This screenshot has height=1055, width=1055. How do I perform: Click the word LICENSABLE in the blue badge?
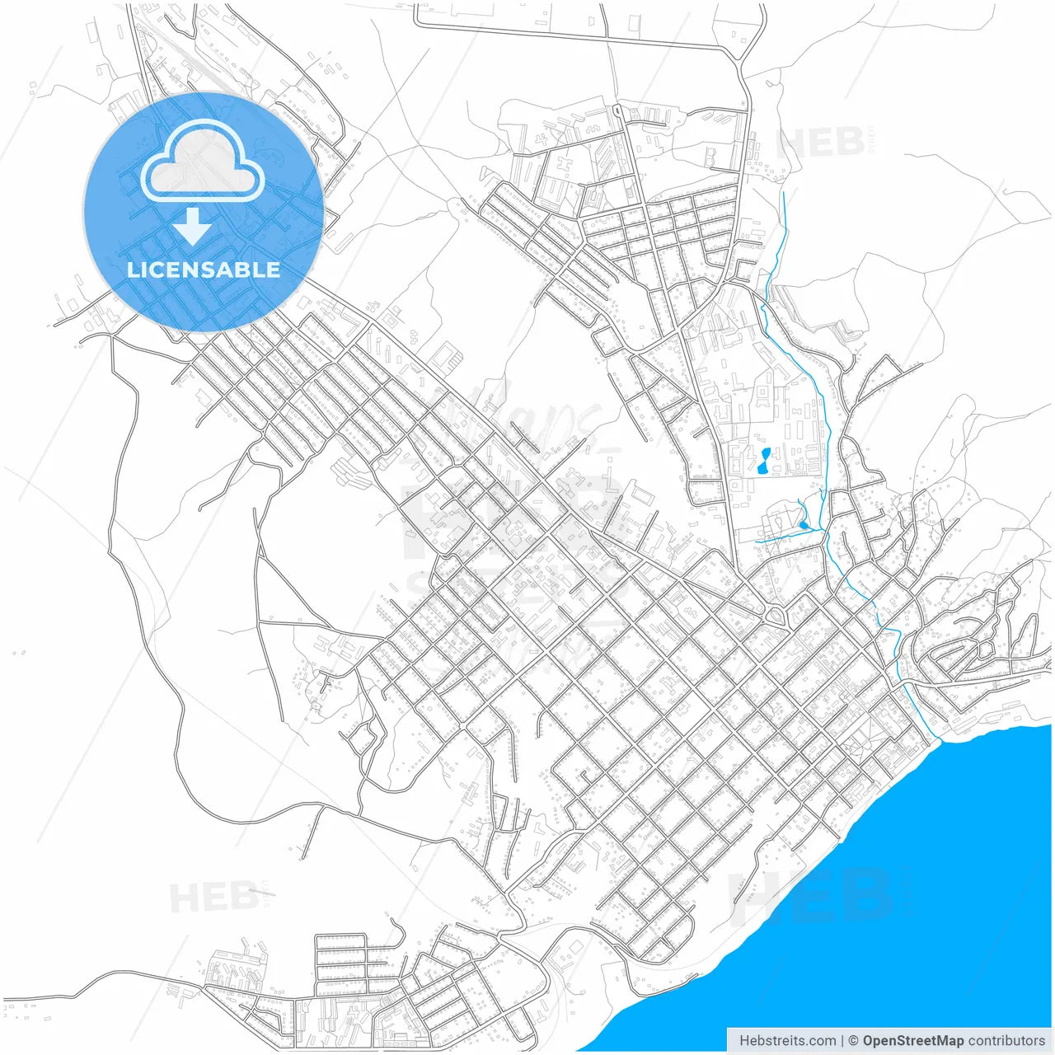coord(204,270)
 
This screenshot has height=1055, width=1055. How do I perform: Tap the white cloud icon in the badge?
coord(202,163)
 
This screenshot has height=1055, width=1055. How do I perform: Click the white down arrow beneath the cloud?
coord(193,226)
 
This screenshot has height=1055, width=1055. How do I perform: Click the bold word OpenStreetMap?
coord(912,1041)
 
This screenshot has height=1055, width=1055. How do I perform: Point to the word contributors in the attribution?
coord(1006,1041)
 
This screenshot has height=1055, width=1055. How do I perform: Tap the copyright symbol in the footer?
coord(853,1041)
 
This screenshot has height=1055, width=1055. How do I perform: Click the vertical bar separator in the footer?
coord(842,1041)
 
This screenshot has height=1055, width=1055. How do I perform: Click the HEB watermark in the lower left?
coord(213,897)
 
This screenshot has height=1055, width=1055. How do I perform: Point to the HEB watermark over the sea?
coord(812,894)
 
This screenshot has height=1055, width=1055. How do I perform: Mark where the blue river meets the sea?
coord(936,740)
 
